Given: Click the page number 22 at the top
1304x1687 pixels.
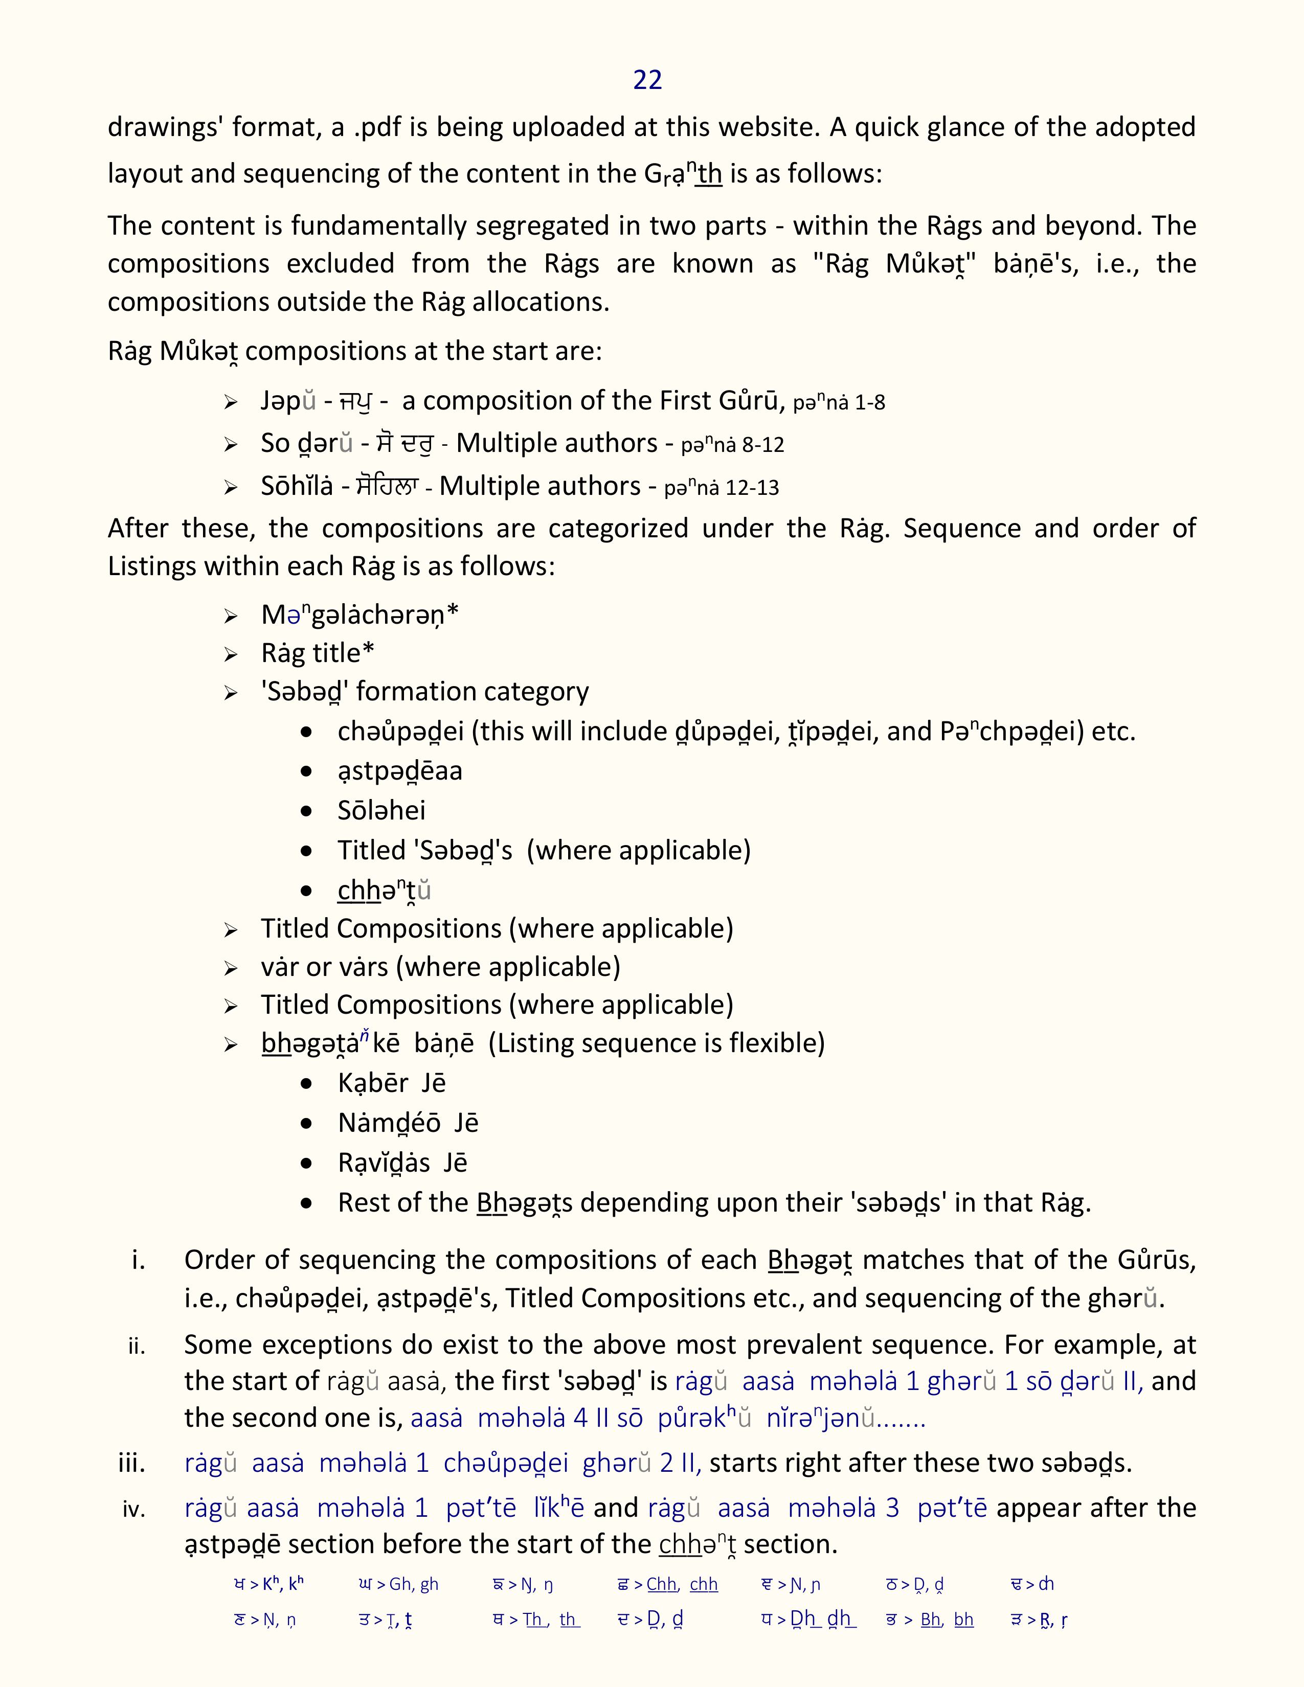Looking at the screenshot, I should click(647, 80).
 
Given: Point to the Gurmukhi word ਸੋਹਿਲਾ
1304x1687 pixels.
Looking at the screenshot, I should click(386, 487).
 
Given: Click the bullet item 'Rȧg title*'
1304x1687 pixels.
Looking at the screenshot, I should click(318, 653).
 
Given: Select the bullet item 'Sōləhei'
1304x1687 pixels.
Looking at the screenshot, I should click(381, 810).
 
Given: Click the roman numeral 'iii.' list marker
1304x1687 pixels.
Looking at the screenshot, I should click(132, 1463).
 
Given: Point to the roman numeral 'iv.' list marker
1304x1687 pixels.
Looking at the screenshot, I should click(133, 1509).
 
